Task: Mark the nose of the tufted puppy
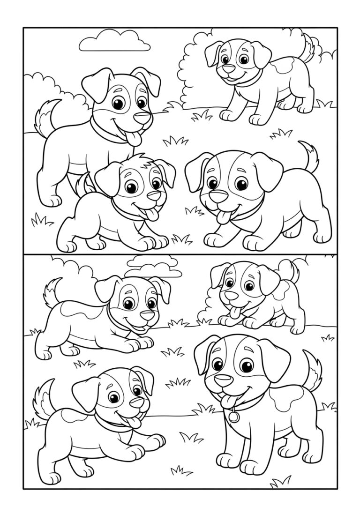154,195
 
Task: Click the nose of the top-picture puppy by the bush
228,69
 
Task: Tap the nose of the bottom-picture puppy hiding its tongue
148,315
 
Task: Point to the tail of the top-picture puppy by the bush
307,47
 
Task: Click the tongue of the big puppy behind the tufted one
135,138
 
